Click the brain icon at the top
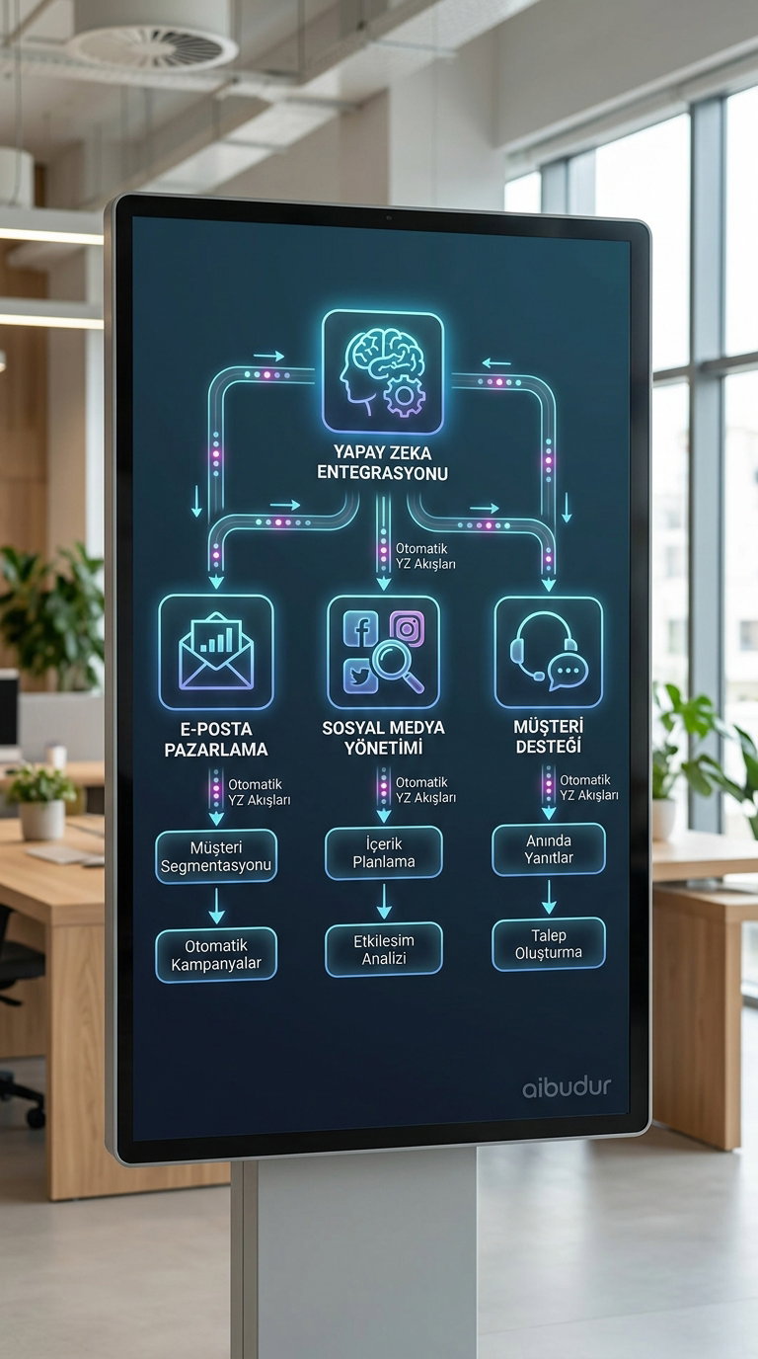382,371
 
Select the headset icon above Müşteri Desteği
548,652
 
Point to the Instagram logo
406,627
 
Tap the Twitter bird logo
359,676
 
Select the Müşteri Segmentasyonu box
216,856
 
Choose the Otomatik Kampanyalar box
216,954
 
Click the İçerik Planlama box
384,852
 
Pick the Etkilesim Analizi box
384,949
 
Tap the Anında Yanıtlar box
549,849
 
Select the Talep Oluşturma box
549,944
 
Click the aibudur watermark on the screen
567,1087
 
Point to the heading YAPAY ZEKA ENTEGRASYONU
382,462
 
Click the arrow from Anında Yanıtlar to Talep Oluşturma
550,897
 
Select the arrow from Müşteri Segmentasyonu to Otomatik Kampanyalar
216,905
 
